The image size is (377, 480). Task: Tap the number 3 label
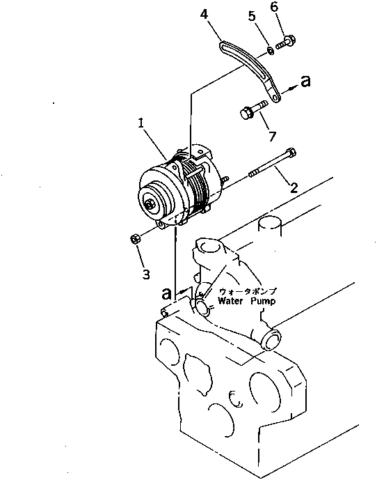pos(145,274)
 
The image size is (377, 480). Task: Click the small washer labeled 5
pos(268,50)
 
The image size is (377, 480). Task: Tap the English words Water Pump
pos(246,301)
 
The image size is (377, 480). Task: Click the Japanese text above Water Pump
pos(247,291)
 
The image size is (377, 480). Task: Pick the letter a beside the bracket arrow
pos(305,82)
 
